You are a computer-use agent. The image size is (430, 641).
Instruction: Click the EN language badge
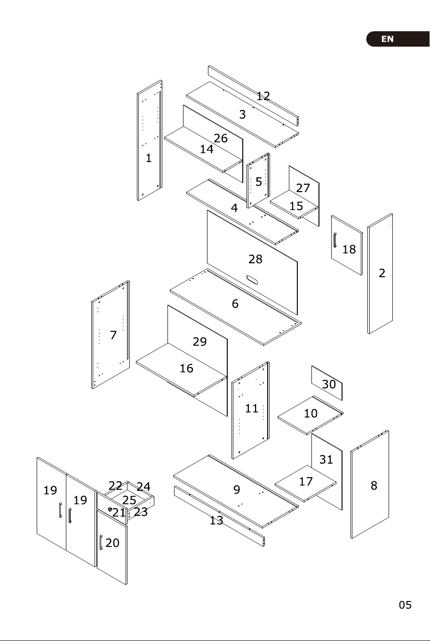[398, 39]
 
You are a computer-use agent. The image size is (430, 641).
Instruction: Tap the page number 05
[405, 605]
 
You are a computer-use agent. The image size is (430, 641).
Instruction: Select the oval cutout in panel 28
[252, 280]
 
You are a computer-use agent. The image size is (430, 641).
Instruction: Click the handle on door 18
[334, 240]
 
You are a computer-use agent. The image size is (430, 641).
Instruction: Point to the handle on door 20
[101, 542]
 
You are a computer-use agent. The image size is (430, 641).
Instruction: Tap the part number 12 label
[263, 96]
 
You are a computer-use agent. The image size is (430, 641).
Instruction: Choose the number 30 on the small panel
[329, 385]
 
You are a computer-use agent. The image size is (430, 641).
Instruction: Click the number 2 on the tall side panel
[382, 273]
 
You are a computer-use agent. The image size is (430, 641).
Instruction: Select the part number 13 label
[216, 520]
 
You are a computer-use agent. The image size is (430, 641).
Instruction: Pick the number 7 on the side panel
[113, 335]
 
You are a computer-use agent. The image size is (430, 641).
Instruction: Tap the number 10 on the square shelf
[311, 413]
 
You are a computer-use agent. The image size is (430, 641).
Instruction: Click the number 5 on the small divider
[259, 182]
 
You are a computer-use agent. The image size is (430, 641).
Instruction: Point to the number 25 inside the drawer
[129, 500]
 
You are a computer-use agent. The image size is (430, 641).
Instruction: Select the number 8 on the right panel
[374, 485]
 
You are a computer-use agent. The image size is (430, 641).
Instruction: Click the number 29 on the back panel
[199, 342]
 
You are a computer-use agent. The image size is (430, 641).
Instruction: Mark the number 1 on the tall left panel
[149, 158]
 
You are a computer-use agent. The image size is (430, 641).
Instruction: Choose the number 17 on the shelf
[305, 481]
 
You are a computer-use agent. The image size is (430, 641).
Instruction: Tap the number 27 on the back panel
[303, 188]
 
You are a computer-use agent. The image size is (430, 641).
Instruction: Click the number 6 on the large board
[235, 304]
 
